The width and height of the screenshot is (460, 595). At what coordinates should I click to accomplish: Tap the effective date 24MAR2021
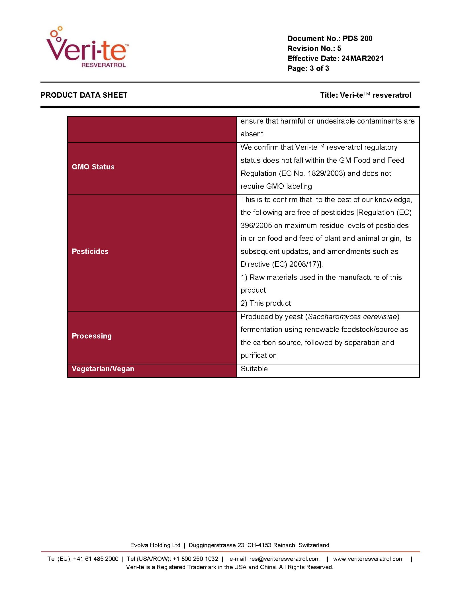pos(362,58)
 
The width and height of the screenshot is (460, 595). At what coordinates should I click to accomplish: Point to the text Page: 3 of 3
pos(308,68)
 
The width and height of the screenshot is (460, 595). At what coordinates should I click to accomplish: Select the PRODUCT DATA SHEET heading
pos(84,95)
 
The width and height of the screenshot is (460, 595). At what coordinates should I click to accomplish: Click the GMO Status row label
pos(93,167)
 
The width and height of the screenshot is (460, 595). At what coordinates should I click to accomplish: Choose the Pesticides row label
pos(90,251)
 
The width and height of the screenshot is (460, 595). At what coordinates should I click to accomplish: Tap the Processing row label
pos(92,336)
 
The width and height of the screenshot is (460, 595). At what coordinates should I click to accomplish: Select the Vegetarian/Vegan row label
pos(103,369)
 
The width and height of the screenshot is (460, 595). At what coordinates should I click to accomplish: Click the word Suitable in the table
pos(254,369)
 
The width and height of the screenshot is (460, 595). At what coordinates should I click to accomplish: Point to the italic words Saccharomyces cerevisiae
pos(352,317)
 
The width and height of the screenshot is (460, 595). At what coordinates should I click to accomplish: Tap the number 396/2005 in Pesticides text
pos(256,225)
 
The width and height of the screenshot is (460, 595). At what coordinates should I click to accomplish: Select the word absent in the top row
pos(252,134)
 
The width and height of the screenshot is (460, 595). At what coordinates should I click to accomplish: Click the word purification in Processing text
pos(259,355)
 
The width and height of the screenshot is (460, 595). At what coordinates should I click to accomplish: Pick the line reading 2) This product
pos(266,303)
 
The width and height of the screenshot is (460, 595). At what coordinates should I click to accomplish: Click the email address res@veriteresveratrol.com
pos(284,559)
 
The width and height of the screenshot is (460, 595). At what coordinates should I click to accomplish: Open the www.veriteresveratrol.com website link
pos(368,559)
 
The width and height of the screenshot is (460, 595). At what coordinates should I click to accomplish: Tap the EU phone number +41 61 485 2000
pos(96,559)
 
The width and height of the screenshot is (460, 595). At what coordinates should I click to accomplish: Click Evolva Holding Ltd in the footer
pos(155,545)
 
